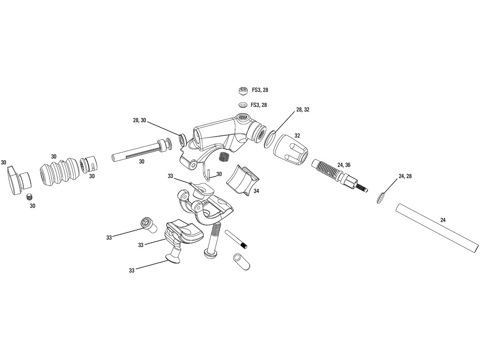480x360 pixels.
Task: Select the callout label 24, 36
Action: [343, 165]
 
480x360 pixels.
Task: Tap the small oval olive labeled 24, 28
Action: [380, 198]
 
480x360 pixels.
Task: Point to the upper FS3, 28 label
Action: [260, 90]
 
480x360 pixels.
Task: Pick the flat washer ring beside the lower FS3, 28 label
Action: [242, 105]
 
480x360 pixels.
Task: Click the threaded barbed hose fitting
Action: [337, 174]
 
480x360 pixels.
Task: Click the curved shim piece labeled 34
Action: [242, 179]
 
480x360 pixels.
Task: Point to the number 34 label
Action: [256, 191]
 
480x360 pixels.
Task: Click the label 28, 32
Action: [303, 109]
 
